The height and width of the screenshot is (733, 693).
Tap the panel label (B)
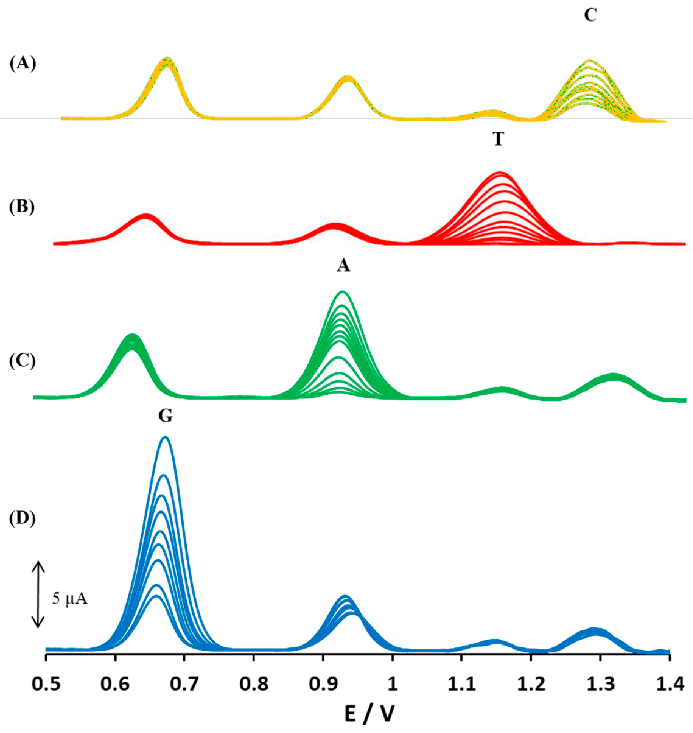(23, 207)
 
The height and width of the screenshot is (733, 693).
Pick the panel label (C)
(23, 361)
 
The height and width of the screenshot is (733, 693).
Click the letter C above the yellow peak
(590, 16)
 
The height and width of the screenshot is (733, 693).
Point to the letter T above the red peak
(498, 140)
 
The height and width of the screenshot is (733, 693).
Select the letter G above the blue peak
(166, 417)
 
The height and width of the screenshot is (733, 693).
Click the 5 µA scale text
(69, 599)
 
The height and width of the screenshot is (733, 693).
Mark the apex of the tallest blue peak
(166, 437)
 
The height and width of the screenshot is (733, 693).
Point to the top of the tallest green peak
(342, 292)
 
